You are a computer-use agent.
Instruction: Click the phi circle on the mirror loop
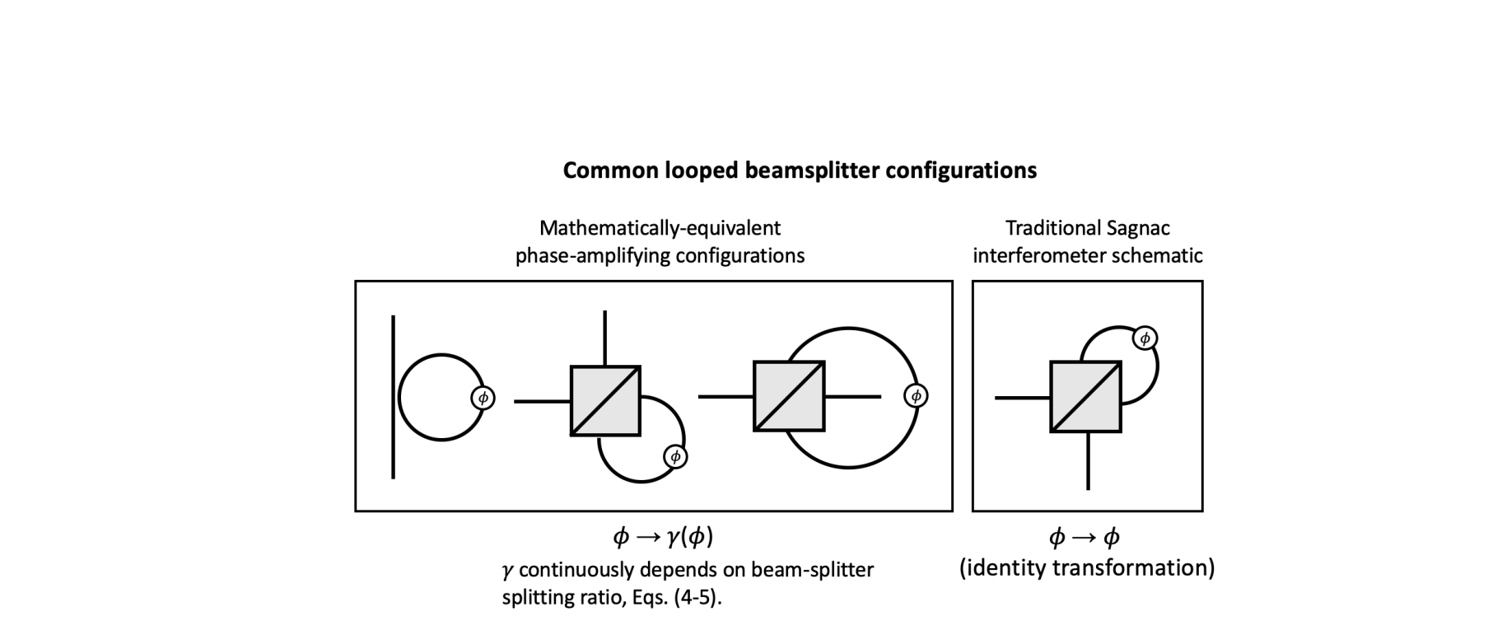[483, 398]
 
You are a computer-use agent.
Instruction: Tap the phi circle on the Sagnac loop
[1145, 338]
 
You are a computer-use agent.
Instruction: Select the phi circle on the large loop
[916, 396]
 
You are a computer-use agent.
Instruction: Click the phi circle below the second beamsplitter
[675, 456]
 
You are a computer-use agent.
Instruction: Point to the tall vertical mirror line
[394, 396]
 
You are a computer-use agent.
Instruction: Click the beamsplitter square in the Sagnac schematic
[1085, 396]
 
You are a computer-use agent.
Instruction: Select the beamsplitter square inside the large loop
[789, 396]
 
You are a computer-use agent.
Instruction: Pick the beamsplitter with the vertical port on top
[605, 401]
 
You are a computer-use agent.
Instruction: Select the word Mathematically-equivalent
[660, 228]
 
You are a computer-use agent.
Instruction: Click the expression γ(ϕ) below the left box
[690, 538]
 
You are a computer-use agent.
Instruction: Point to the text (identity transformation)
[1087, 567]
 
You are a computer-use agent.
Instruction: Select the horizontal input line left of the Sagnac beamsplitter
[1022, 398]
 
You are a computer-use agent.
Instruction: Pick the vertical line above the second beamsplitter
[605, 338]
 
